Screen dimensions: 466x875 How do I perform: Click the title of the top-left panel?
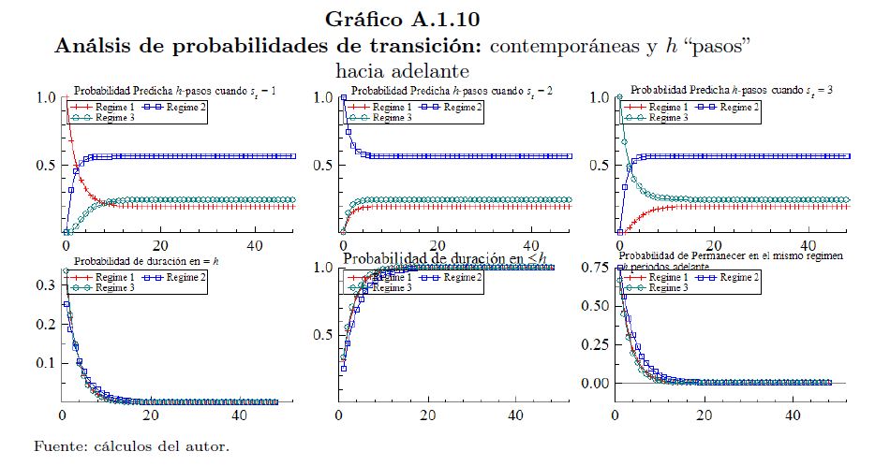pyautogui.click(x=180, y=91)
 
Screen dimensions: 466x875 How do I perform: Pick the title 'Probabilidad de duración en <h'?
pyautogui.click(x=444, y=259)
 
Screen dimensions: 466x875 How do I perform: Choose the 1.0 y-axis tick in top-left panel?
pyautogui.click(x=46, y=96)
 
